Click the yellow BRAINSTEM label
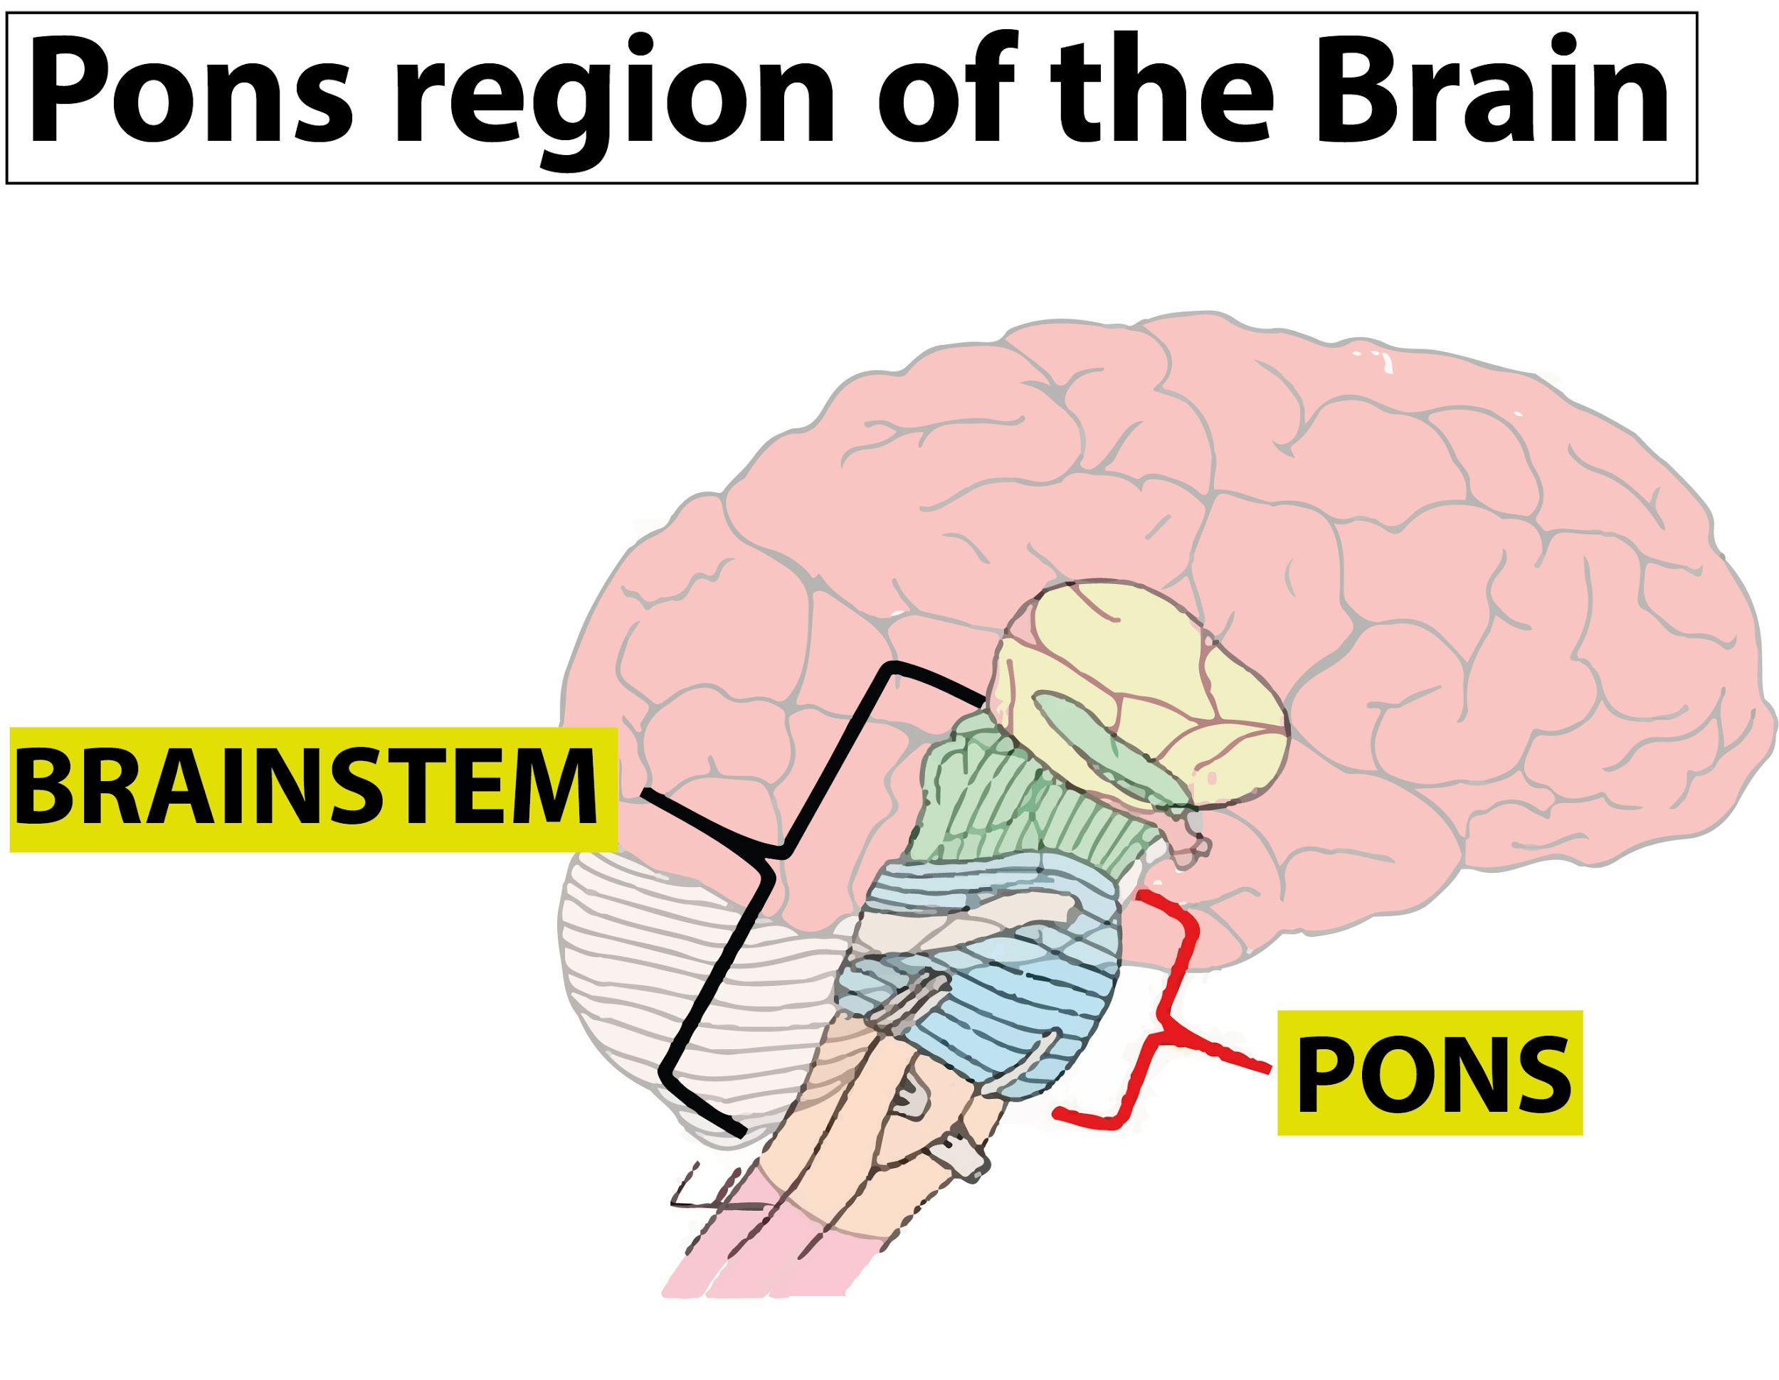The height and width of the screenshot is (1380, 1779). click(313, 790)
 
